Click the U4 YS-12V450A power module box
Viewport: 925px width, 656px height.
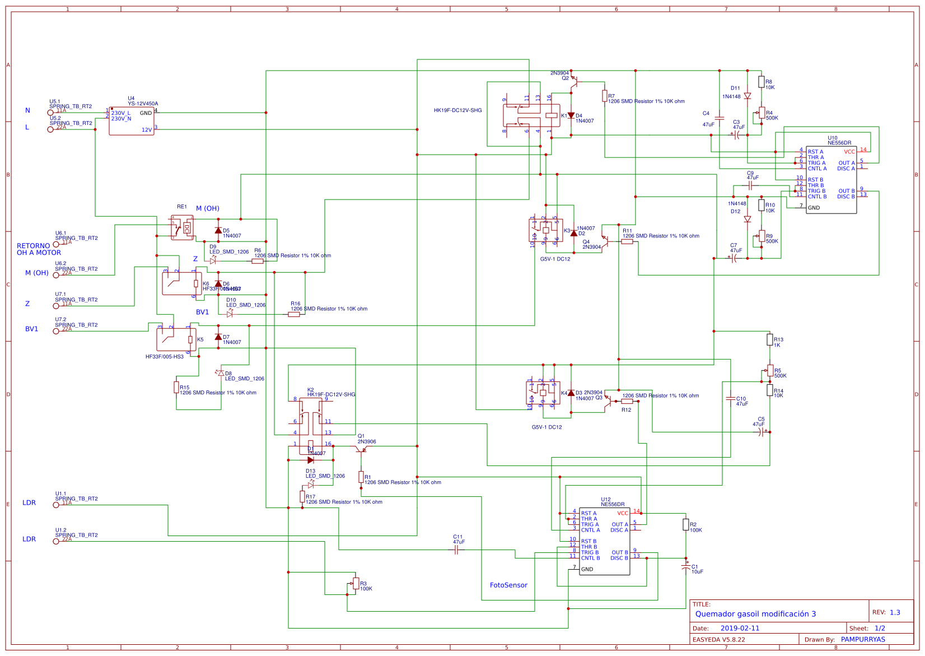pos(132,121)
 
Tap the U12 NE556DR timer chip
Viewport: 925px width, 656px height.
pos(604,541)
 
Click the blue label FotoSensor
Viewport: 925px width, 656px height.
pos(508,585)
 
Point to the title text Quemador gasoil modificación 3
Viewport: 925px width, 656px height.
pos(755,614)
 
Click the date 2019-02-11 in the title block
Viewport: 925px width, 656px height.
pos(740,628)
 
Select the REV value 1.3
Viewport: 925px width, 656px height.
pos(895,612)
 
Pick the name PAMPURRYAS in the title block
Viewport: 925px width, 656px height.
pos(863,639)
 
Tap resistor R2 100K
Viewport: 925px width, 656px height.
pos(686,524)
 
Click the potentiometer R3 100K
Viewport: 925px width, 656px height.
pos(356,583)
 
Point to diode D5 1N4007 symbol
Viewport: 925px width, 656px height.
pos(218,230)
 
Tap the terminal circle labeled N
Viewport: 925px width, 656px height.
pos(50,113)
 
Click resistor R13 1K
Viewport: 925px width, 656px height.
pos(770,339)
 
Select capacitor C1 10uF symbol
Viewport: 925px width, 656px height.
pos(686,567)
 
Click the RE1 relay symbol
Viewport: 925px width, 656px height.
pos(182,227)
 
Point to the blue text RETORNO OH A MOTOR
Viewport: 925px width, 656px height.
pos(39,249)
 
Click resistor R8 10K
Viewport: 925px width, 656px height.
pos(761,82)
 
